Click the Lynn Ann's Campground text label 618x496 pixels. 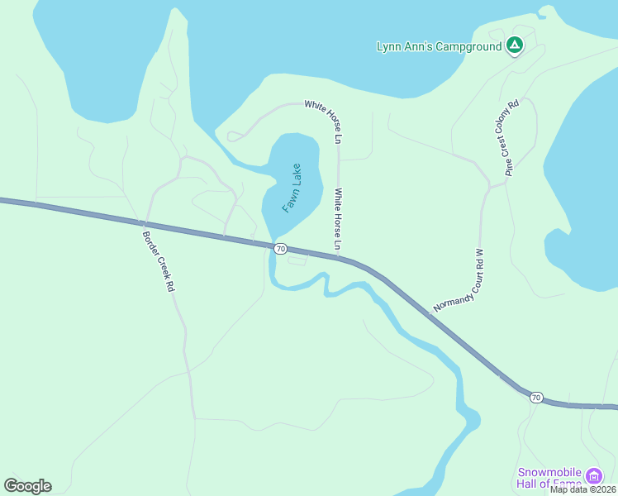tap(439, 46)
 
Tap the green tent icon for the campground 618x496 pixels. tap(514, 45)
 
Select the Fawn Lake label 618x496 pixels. tap(292, 188)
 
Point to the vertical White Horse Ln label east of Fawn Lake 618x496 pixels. tap(338, 220)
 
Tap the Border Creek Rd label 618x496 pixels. tap(158, 259)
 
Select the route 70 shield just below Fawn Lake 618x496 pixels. tap(281, 249)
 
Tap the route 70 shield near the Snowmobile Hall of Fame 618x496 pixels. tap(536, 398)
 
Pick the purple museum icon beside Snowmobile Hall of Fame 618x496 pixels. tap(593, 476)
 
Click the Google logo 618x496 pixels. tap(27, 486)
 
